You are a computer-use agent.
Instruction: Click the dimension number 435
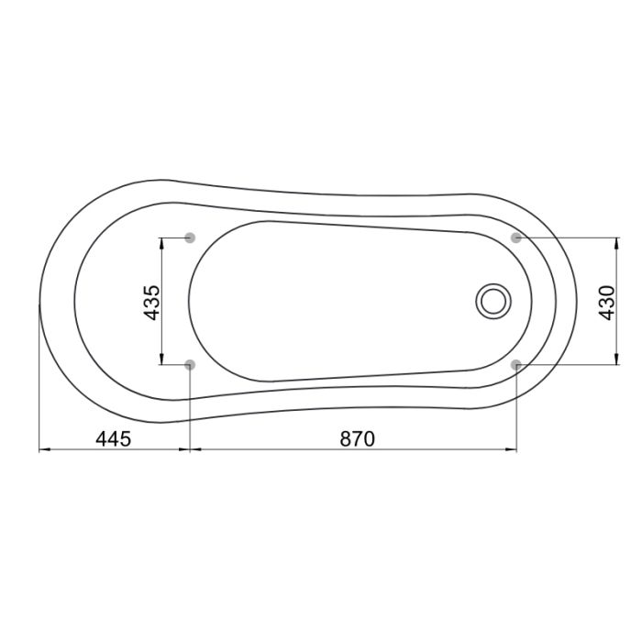(x=153, y=303)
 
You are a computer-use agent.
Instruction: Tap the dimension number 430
(x=607, y=303)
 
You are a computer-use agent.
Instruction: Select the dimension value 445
(x=114, y=439)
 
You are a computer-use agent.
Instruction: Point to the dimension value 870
(x=357, y=439)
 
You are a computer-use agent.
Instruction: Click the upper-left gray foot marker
(x=190, y=238)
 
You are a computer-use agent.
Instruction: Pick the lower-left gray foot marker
(x=190, y=364)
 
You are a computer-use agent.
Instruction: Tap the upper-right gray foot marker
(x=516, y=238)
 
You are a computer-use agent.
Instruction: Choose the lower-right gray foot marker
(x=516, y=364)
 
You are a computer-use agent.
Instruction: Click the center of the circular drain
(x=493, y=302)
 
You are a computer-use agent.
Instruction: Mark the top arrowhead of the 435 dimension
(x=161, y=243)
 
